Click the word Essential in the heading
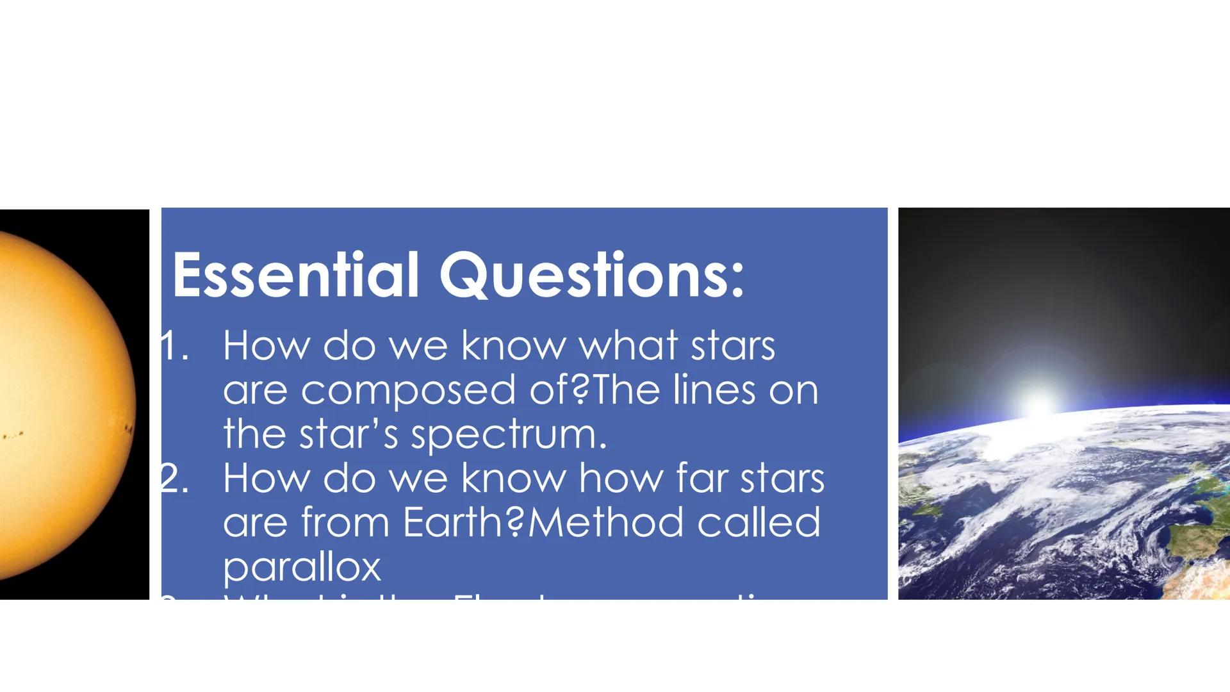295,276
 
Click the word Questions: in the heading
592,276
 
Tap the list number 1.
174,347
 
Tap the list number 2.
174,479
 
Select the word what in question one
628,347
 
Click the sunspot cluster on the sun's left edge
13,436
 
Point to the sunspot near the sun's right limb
129,429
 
